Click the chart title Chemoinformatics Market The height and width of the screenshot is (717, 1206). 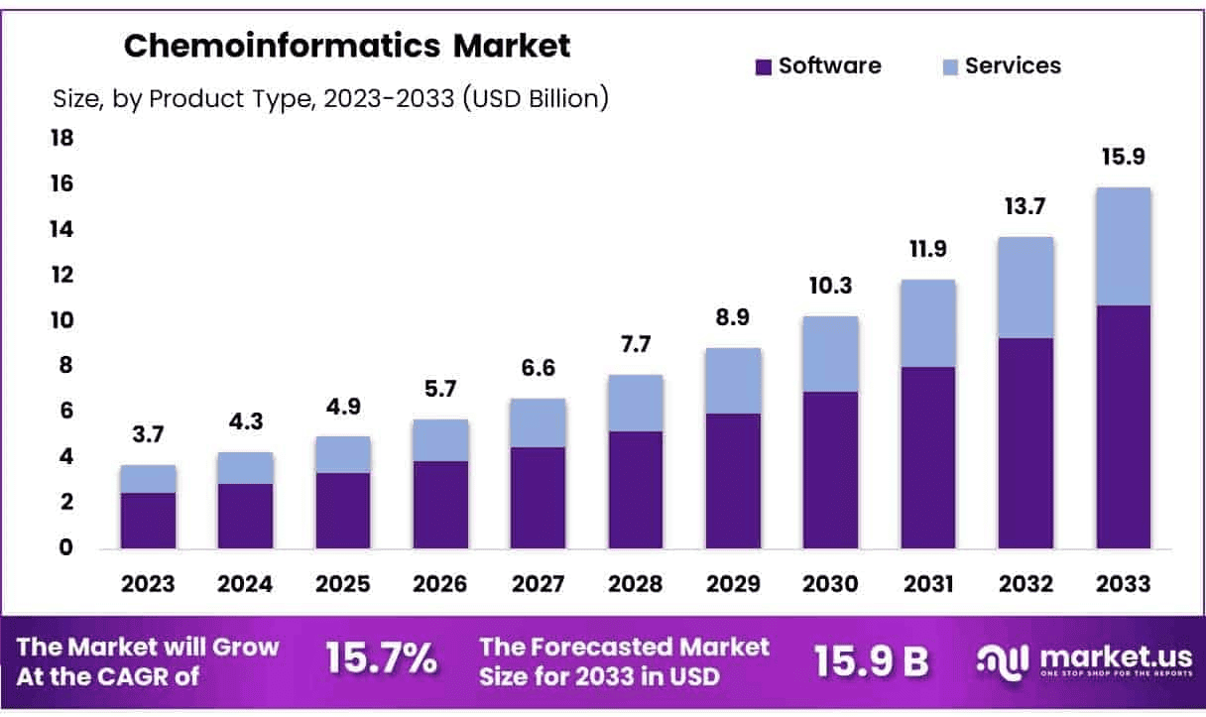[x=346, y=46]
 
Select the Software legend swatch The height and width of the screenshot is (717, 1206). [x=763, y=67]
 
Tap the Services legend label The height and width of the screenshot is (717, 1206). [x=1013, y=65]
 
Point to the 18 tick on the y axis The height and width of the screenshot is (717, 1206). [x=61, y=138]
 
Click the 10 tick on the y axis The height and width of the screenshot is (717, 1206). [x=61, y=320]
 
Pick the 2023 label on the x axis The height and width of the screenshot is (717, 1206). [x=148, y=584]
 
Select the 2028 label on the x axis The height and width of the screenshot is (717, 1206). [x=636, y=584]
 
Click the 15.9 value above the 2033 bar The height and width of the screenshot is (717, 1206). [x=1123, y=158]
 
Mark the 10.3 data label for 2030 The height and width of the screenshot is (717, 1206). [x=830, y=287]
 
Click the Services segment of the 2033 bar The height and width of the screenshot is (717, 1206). [x=1123, y=246]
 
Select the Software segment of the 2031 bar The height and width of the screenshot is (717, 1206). [x=927, y=457]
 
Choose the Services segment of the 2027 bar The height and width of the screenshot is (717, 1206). [x=538, y=422]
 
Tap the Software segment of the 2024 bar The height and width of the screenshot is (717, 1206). [x=245, y=516]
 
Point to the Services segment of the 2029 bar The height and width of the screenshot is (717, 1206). [x=733, y=381]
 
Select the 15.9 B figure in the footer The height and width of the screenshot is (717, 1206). [x=871, y=660]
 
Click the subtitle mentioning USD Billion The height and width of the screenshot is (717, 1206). [x=330, y=99]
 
